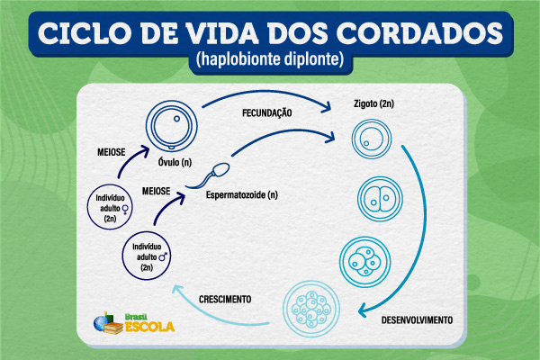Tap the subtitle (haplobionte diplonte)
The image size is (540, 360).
(270, 61)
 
